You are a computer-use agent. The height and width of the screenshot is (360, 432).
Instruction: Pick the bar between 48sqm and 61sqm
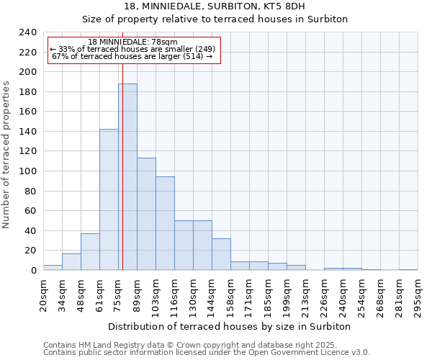click(90, 252)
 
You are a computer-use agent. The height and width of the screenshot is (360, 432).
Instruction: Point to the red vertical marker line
click(122, 158)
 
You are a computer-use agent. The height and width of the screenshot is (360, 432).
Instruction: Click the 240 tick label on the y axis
click(27, 32)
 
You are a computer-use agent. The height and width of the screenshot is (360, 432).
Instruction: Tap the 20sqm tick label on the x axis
click(43, 294)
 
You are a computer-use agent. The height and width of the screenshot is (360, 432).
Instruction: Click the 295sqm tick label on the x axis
click(418, 294)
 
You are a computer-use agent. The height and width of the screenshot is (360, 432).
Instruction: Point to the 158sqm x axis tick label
click(230, 294)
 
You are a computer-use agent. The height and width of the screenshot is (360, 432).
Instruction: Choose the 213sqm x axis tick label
click(305, 294)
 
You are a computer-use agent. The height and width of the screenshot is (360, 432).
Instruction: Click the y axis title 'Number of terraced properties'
click(7, 155)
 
